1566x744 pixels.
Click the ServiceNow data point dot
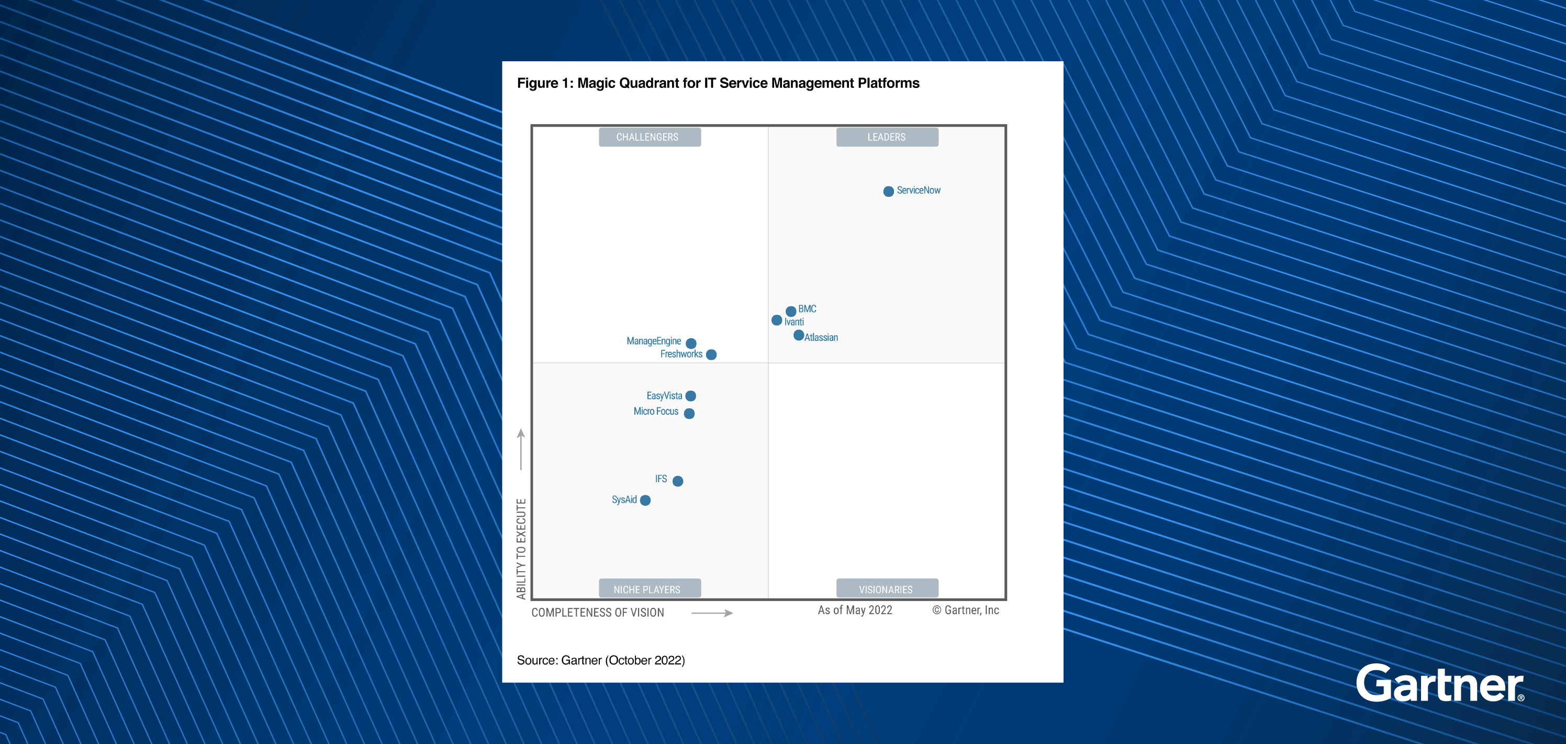pos(888,192)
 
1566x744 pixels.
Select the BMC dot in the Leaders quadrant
pos(791,312)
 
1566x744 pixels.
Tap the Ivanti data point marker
pos(777,320)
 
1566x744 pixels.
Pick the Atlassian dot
pos(799,335)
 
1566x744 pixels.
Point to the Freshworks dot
pos(711,354)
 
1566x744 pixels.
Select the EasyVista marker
pos(690,396)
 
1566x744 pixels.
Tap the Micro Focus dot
pos(689,414)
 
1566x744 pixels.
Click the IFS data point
pos(678,481)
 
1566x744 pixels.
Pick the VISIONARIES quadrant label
pos(886,589)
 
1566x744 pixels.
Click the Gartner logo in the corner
pos(1439,684)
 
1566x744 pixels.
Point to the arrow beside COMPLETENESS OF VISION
pos(712,613)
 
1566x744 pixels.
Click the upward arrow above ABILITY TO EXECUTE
pos(521,449)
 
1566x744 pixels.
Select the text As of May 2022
pos(855,610)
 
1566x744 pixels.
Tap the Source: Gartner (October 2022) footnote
pos(601,660)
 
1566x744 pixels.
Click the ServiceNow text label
pos(919,191)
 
